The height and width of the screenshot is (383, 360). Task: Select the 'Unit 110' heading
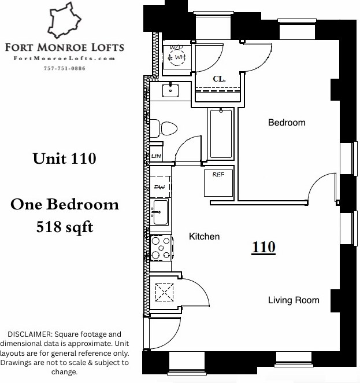click(64, 158)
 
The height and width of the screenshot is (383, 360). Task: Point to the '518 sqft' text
click(64, 227)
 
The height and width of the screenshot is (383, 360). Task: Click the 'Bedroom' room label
click(286, 123)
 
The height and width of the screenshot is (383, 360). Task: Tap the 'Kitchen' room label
click(205, 237)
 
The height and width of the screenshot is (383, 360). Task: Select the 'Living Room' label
click(294, 300)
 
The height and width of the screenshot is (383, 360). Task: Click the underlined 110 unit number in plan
click(263, 248)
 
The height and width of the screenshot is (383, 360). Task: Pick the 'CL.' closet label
click(219, 78)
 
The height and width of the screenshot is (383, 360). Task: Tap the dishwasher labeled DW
click(159, 187)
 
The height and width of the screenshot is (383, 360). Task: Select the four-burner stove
click(161, 248)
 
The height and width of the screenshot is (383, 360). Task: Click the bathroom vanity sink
click(172, 90)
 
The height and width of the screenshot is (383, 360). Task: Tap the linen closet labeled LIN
click(156, 156)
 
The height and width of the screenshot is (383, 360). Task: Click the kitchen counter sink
click(159, 213)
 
